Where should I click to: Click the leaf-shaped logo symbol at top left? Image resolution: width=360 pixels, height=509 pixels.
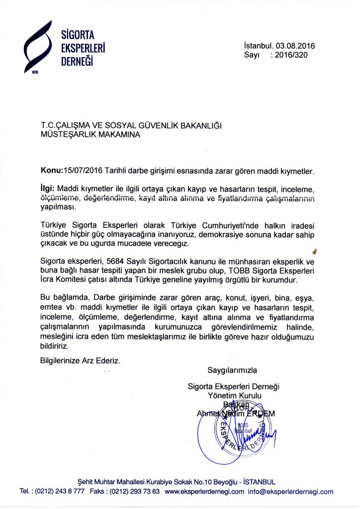coord(39,47)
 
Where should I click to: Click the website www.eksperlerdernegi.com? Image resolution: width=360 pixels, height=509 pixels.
coord(204,492)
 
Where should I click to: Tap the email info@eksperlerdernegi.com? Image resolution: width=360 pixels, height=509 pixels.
coord(291,492)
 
